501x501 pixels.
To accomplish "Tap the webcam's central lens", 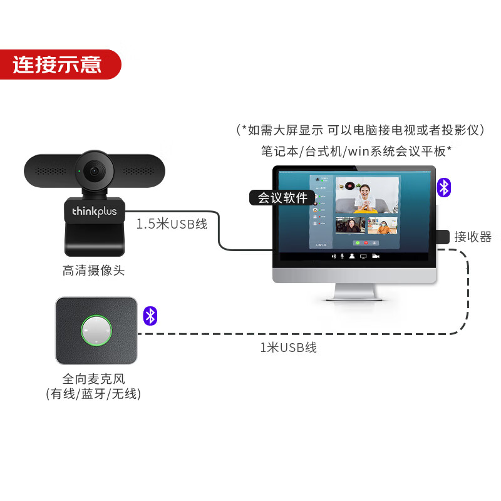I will (x=95, y=170).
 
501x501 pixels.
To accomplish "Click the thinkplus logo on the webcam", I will (x=94, y=212).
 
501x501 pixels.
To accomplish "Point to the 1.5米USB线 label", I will (x=172, y=224).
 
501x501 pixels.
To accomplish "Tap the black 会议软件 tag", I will (x=282, y=198).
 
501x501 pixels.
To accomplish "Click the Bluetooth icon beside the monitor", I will (x=444, y=187).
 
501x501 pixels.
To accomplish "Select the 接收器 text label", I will (x=473, y=237).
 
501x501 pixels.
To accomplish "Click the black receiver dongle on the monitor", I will (x=442, y=237).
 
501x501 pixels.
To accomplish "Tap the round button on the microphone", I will (x=96, y=330).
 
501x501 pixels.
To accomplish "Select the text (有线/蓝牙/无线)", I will (x=93, y=394).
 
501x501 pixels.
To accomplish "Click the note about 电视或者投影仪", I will (x=361, y=130).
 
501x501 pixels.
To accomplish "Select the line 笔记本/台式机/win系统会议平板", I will (x=356, y=151).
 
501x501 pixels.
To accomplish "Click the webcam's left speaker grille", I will (x=51, y=170).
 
